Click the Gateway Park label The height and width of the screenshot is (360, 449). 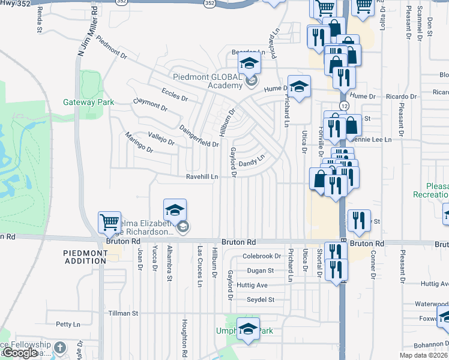coord(88,102)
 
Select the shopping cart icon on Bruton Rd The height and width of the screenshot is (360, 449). coord(109,223)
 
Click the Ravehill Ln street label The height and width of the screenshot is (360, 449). coord(201,177)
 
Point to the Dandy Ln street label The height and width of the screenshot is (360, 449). coord(252,162)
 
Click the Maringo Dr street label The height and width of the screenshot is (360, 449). coord(139,145)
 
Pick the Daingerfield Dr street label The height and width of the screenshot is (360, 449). coord(199,136)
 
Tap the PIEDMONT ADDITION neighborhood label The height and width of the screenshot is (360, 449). coord(85,257)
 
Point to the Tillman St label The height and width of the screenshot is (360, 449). coord(123,313)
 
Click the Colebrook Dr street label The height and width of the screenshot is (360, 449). coord(261,256)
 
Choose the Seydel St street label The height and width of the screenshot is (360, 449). coord(260,299)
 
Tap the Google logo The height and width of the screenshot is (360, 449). coord(20,352)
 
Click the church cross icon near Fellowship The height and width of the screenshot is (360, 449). coord(59,347)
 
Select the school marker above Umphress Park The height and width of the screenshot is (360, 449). coord(248,329)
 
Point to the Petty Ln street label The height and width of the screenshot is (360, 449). coord(67,325)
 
